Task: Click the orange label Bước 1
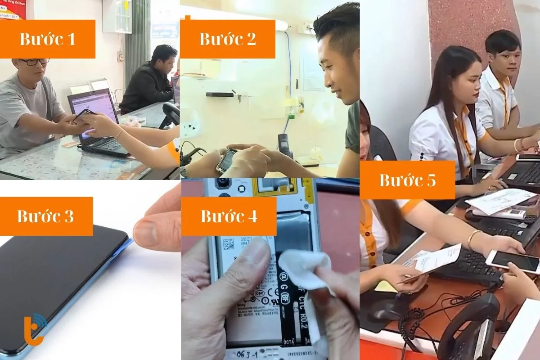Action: [x=47, y=39]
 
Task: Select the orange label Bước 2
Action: [x=227, y=39]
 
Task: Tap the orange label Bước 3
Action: [x=45, y=216]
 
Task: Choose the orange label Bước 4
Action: [x=229, y=216]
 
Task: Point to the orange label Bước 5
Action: [x=407, y=180]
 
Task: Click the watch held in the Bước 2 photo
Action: [x=226, y=160]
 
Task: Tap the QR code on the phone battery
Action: [x=229, y=243]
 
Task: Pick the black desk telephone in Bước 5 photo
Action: [x=468, y=328]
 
